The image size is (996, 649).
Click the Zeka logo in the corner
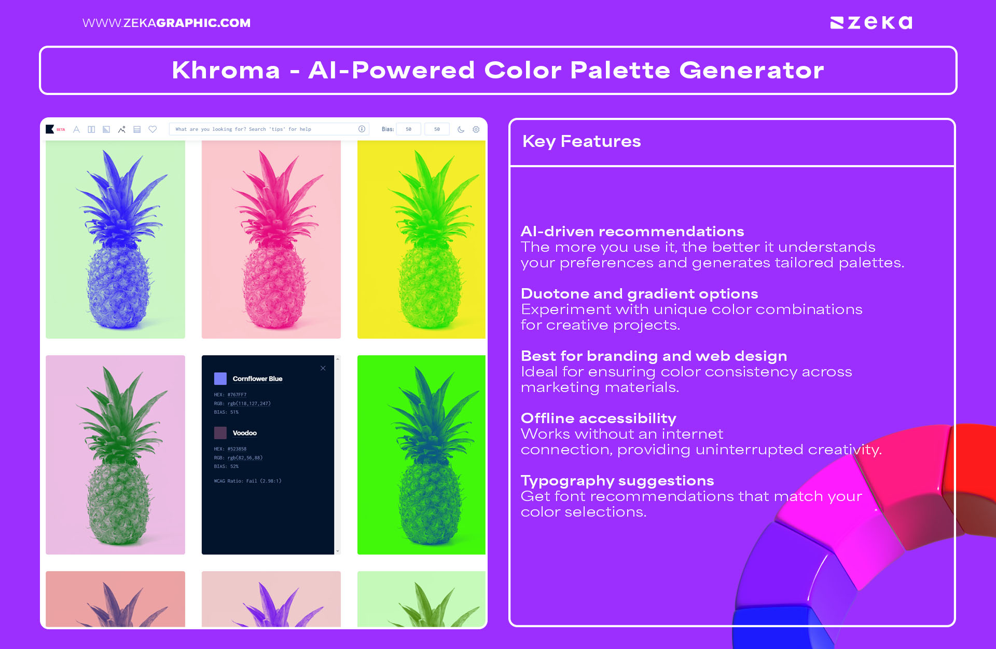[871, 23]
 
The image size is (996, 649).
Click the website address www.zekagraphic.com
[167, 23]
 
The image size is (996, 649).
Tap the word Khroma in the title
[226, 70]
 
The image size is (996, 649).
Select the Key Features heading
[582, 141]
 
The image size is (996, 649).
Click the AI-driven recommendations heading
[632, 231]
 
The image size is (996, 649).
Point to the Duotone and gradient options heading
[639, 293]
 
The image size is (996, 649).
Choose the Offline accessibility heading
[598, 418]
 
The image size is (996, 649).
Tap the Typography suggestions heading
[617, 480]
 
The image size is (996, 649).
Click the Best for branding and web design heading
[654, 356]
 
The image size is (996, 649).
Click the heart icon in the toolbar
[153, 129]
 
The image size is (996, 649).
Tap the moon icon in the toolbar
[461, 129]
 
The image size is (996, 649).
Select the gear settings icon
[476, 129]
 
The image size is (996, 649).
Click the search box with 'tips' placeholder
[265, 129]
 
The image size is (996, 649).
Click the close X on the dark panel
[323, 368]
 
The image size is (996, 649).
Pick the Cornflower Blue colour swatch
[220, 378]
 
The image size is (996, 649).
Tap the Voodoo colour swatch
[220, 432]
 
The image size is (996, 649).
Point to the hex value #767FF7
[237, 395]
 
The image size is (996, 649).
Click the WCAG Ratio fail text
[247, 481]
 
